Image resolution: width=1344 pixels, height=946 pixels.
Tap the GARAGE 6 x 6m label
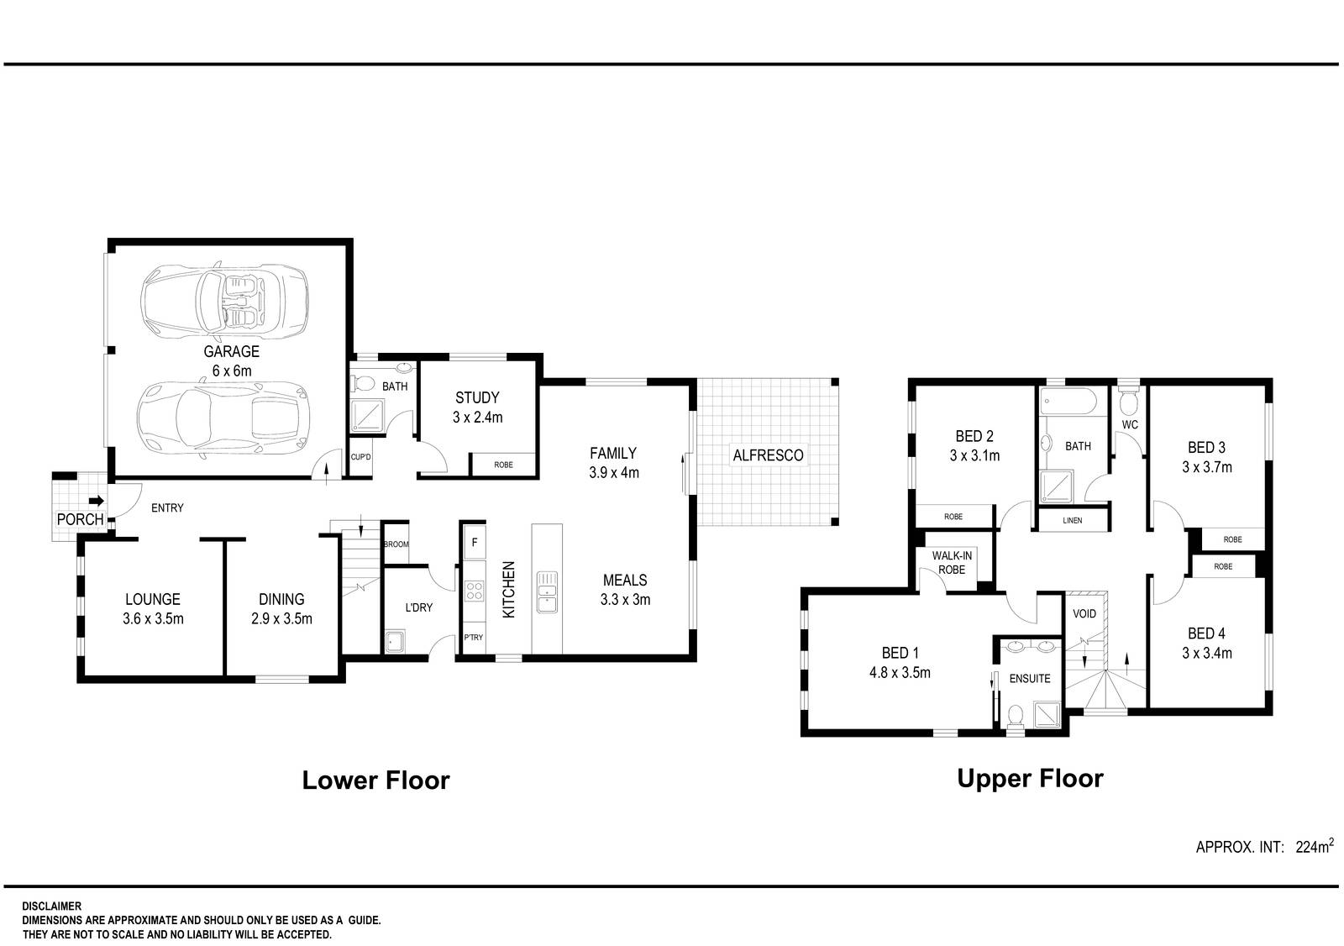230,360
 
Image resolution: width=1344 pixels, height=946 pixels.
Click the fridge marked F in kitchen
474,542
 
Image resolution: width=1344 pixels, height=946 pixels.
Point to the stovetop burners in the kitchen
474,591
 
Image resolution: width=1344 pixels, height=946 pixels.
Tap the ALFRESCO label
768,455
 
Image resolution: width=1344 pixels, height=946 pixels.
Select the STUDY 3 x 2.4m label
477,407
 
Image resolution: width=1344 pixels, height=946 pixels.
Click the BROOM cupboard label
396,544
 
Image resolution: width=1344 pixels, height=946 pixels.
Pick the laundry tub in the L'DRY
394,642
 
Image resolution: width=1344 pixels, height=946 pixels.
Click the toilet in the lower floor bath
364,384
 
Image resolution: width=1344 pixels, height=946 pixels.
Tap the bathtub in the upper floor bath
1068,402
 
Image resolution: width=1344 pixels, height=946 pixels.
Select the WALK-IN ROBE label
952,562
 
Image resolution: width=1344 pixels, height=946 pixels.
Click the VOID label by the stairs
1084,613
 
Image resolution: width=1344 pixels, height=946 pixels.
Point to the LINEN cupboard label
1072,521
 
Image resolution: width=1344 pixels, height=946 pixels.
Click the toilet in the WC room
1129,401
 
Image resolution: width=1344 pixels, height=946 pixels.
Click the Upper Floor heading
1030,779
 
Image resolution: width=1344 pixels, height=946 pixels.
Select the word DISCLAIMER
51,907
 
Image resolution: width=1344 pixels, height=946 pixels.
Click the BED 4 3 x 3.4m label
1206,643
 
